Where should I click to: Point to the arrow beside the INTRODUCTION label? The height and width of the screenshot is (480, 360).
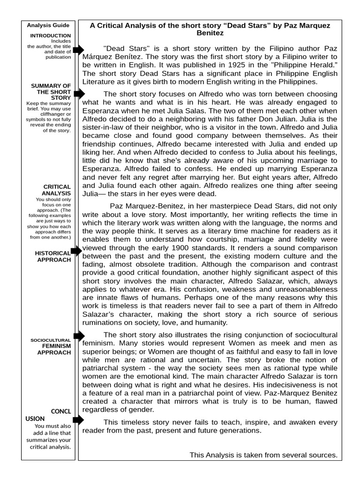[78, 50]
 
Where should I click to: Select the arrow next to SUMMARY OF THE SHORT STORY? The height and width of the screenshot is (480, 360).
[78, 94]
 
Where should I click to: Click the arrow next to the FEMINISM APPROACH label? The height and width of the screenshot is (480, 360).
[78, 336]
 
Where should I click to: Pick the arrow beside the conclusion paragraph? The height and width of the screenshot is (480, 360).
[78, 420]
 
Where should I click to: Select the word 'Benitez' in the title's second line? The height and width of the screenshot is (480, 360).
[210, 33]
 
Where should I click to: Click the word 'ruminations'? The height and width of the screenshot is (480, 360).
[103, 322]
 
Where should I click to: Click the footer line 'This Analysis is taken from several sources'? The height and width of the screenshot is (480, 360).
[263, 455]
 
